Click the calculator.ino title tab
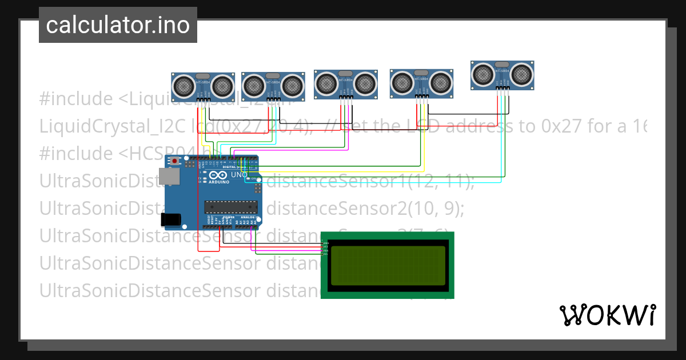[x=118, y=25]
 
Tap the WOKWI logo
[x=607, y=315]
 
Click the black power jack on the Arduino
[x=171, y=219]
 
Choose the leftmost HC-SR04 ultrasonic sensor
[x=204, y=87]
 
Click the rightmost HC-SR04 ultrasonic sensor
[x=502, y=75]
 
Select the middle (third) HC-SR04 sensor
[x=345, y=84]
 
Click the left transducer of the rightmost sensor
[x=483, y=74]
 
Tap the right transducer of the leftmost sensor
[x=222, y=86]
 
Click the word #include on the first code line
[x=76, y=99]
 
